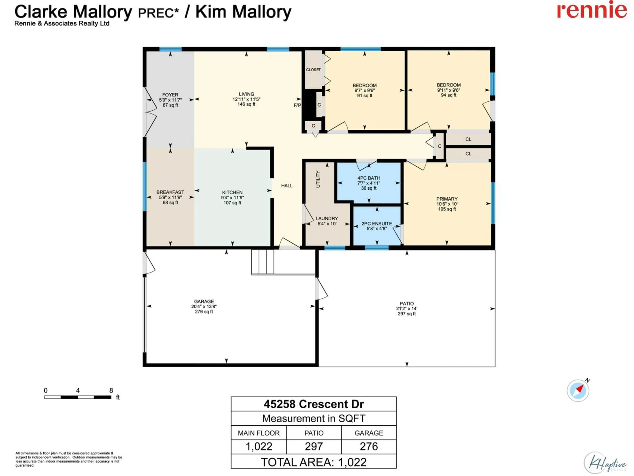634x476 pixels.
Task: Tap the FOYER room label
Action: click(170, 95)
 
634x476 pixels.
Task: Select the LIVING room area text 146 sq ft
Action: click(246, 104)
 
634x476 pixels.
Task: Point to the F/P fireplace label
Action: click(297, 105)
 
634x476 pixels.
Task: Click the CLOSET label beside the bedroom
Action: click(313, 70)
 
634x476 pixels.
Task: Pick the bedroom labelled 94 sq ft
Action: click(449, 95)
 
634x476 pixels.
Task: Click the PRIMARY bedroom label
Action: click(447, 199)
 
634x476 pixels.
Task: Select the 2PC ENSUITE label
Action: click(377, 223)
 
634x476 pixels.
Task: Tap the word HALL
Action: click(287, 186)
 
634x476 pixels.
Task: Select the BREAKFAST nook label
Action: click(170, 192)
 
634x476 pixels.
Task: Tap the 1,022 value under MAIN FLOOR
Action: click(259, 446)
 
